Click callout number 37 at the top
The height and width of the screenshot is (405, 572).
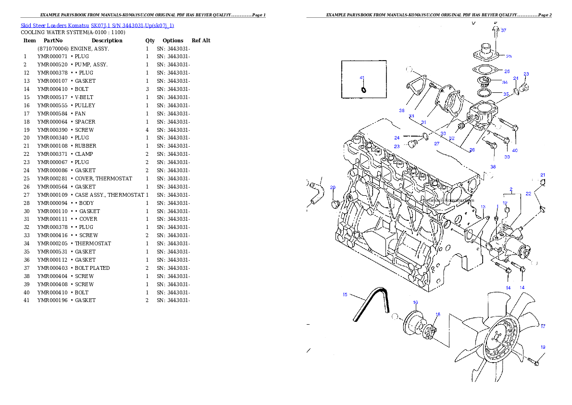point(503,30)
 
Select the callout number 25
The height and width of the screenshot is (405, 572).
point(509,56)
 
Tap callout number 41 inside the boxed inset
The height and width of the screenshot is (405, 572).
point(362,77)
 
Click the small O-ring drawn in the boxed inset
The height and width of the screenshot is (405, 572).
point(363,89)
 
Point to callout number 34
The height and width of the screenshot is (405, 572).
point(505,82)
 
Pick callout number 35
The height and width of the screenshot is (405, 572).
point(506,94)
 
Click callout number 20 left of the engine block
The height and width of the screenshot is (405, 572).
point(333,188)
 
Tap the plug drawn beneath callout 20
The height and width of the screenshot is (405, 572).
point(336,205)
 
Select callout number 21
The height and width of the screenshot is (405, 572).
point(543,175)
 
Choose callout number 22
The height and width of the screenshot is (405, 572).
point(528,194)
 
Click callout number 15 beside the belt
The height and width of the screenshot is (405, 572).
point(345,295)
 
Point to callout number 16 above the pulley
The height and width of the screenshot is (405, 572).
point(415,303)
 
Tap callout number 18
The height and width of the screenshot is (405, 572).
point(437,315)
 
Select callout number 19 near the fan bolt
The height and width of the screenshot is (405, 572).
point(543,347)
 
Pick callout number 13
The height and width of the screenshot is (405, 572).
point(483,207)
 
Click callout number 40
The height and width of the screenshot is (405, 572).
point(515,151)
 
